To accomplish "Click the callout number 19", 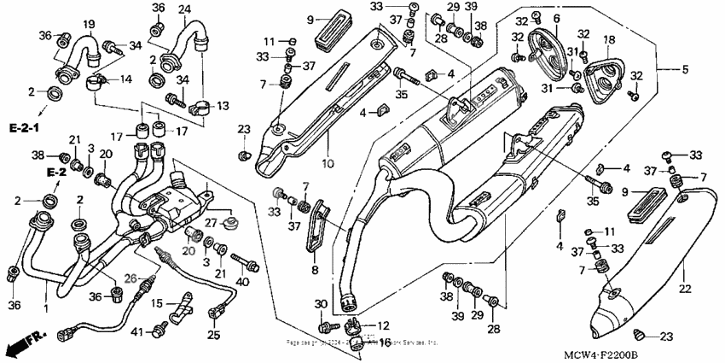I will (x=89, y=22).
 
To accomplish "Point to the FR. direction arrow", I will (x=23, y=345).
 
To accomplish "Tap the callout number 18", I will (x=609, y=40).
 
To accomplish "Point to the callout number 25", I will (x=213, y=333).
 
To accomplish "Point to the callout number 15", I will (x=158, y=304).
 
